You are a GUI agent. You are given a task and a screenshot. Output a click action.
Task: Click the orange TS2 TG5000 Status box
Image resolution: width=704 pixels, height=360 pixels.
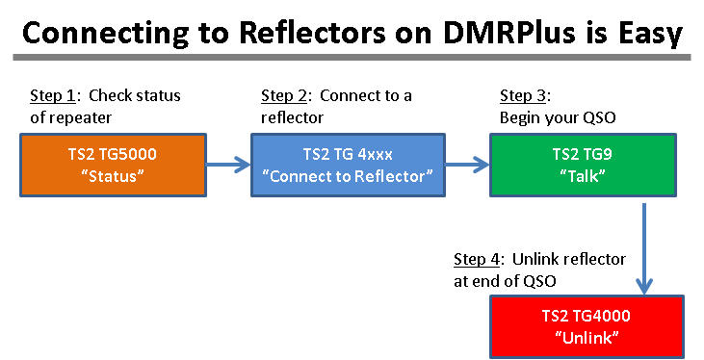113,165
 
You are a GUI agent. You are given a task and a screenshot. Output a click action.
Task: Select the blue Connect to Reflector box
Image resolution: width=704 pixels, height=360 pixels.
347,165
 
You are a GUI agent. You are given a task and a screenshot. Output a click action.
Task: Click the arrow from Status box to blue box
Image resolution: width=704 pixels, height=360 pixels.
228,165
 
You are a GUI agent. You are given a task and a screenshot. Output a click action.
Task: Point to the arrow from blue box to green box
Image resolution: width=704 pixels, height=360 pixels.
466,165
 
